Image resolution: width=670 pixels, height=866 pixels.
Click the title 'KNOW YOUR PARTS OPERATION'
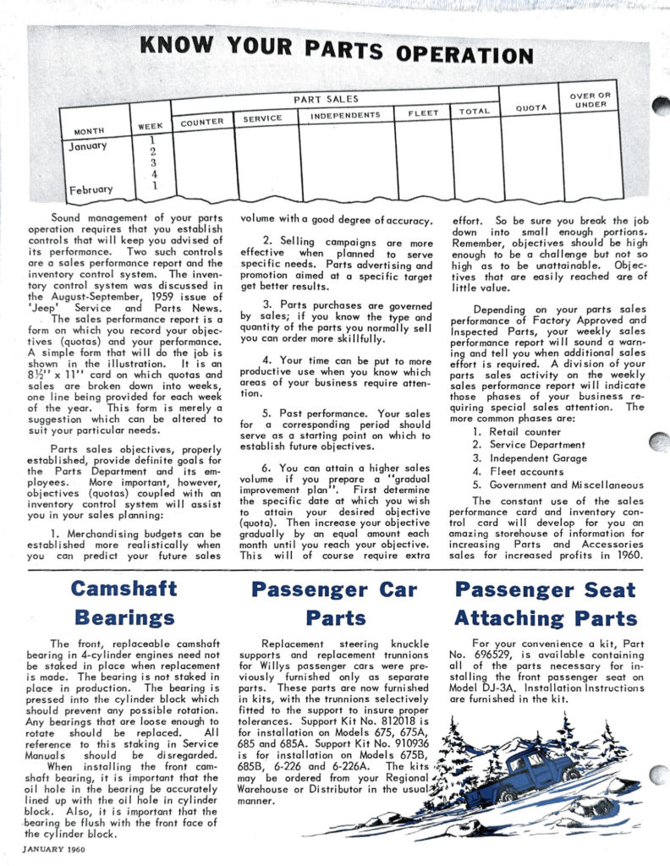336,48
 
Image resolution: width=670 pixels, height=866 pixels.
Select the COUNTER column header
202,121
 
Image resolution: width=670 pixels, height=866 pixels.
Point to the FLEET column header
423,112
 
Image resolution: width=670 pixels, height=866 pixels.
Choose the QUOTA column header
531,107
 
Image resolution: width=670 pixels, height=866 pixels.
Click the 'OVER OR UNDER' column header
590,100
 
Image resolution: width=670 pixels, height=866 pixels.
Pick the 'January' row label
86,145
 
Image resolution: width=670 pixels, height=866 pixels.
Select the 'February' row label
89,189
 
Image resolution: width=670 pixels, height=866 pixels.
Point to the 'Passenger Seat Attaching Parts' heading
545,602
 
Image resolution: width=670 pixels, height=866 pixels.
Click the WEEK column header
150,126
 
